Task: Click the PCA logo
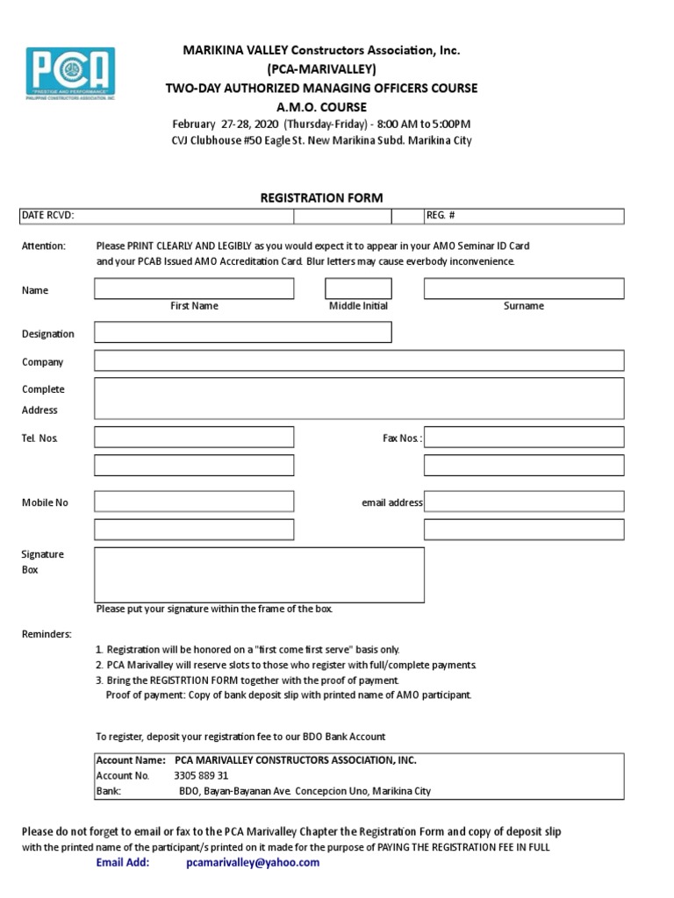tap(71, 74)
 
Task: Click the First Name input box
tap(194, 289)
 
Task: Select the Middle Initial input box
tap(358, 289)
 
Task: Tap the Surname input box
tap(524, 289)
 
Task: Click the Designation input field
tap(243, 332)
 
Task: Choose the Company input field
tap(359, 360)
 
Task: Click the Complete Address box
tap(359, 398)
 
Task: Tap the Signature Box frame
tap(259, 574)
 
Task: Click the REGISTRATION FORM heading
tap(321, 198)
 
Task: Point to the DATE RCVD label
tap(47, 216)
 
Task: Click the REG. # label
tap(441, 216)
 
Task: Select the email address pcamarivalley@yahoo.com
tap(253, 862)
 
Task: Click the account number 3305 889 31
tap(201, 775)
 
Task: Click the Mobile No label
tap(45, 502)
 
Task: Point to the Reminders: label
tap(47, 634)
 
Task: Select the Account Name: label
tap(130, 760)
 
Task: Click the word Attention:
tap(44, 246)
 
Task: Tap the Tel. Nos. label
tap(40, 438)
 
